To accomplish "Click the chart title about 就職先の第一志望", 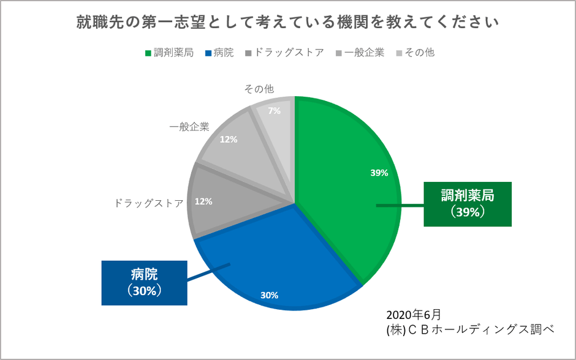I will (287, 23).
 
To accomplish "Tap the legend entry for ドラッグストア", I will (284, 53).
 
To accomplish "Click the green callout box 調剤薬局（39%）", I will (468, 204).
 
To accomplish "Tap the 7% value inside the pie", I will (274, 111).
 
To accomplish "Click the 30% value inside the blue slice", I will (269, 295).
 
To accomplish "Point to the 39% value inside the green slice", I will (379, 173).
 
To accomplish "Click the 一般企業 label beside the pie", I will (189, 127).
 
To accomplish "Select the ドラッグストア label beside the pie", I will (149, 203).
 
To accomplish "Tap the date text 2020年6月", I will (414, 315).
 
